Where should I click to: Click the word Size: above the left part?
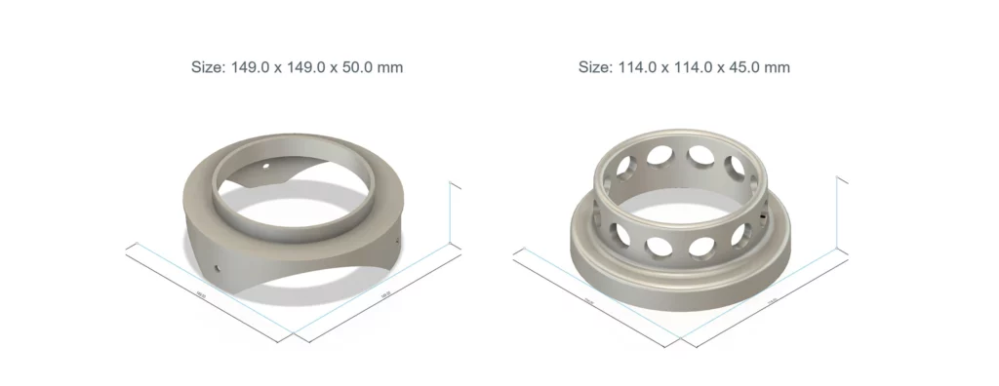click(208, 67)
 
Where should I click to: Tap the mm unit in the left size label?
click(392, 67)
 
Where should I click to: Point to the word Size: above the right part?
click(595, 67)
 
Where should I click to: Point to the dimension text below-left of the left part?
click(199, 293)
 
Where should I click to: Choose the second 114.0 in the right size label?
click(692, 67)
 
